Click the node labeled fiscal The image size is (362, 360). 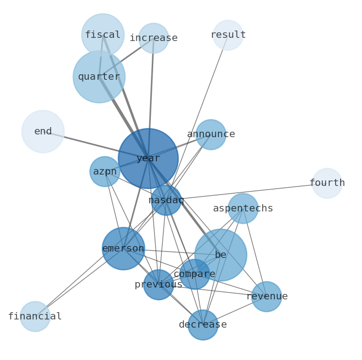[x=103, y=35]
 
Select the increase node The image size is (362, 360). [x=154, y=38]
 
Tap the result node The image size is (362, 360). [x=228, y=35]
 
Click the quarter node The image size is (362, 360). [x=99, y=77]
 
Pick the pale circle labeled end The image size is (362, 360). [x=43, y=131]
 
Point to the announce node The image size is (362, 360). [x=211, y=134]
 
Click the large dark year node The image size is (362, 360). [x=148, y=158]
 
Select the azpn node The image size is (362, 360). [x=105, y=171]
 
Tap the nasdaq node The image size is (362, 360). [x=166, y=200]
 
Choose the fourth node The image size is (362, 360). [x=327, y=183]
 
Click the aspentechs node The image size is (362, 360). [x=243, y=208]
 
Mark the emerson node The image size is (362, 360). [x=123, y=248]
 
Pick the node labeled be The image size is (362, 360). [x=221, y=255]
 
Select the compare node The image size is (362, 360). [x=195, y=274]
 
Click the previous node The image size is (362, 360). [x=158, y=284]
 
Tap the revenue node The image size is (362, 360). [x=267, y=296]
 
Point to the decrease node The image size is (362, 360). [x=203, y=324]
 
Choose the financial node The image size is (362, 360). [x=35, y=316]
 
